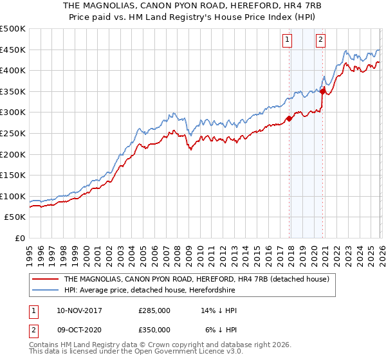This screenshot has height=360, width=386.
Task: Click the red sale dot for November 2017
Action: (289, 118)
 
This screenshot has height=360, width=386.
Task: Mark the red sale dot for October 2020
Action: (322, 91)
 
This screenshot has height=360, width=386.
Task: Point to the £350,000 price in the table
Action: (154, 329)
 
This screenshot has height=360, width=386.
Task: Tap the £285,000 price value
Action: (154, 310)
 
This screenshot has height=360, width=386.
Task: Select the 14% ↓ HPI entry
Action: (219, 310)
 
